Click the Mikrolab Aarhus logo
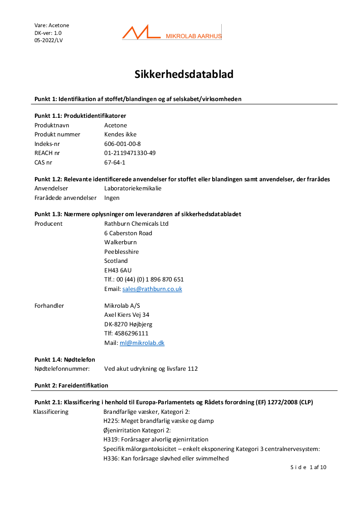172,33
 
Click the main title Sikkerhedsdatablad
184,74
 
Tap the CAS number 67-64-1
115,162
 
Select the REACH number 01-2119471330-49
130,153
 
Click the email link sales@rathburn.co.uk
152,289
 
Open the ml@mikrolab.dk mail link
142,343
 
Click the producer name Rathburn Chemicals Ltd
136,223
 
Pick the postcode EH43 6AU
118,270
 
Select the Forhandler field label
49,305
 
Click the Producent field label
49,223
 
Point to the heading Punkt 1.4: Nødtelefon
65,359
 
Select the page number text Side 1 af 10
308,467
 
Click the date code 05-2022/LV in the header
49,40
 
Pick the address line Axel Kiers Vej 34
126,315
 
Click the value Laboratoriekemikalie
133,188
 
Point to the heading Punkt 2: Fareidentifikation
71,385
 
